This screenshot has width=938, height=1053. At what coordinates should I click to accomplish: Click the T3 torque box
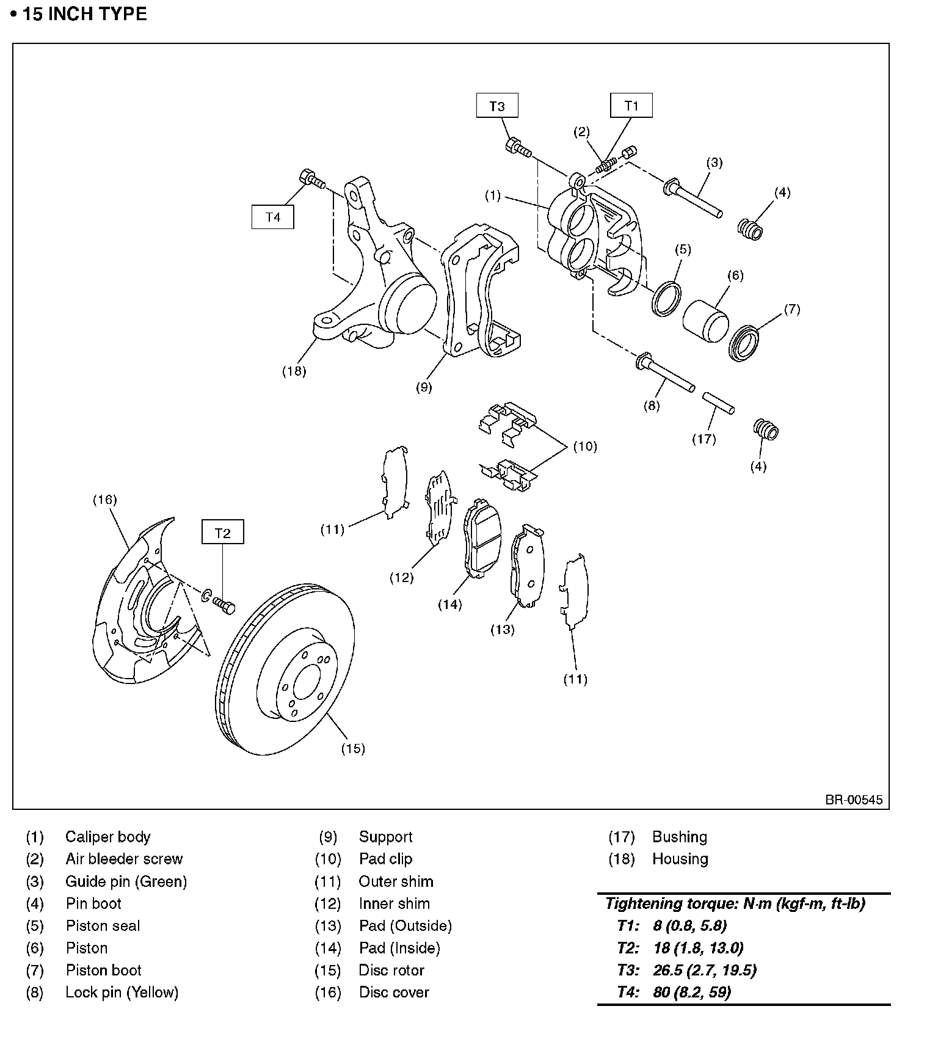coord(497,106)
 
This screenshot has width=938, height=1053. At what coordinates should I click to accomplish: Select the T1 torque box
coord(631,106)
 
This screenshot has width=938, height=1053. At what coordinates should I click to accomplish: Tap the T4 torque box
coord(272,217)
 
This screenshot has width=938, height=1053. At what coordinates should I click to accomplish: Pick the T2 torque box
coord(223,533)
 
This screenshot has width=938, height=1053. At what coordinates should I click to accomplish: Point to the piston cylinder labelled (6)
coord(705,320)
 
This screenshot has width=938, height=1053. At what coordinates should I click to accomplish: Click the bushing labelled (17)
coord(718,403)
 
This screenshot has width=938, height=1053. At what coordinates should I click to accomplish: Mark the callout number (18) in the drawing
coord(294,371)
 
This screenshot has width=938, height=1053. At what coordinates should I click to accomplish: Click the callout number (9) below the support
coord(424,387)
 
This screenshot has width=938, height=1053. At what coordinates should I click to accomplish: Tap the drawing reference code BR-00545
coord(854,800)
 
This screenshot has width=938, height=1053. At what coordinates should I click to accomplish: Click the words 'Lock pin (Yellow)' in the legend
coord(122,993)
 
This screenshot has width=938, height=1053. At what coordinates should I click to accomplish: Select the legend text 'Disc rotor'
coord(391,971)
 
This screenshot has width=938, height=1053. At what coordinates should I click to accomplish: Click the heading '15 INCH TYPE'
coord(85,14)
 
